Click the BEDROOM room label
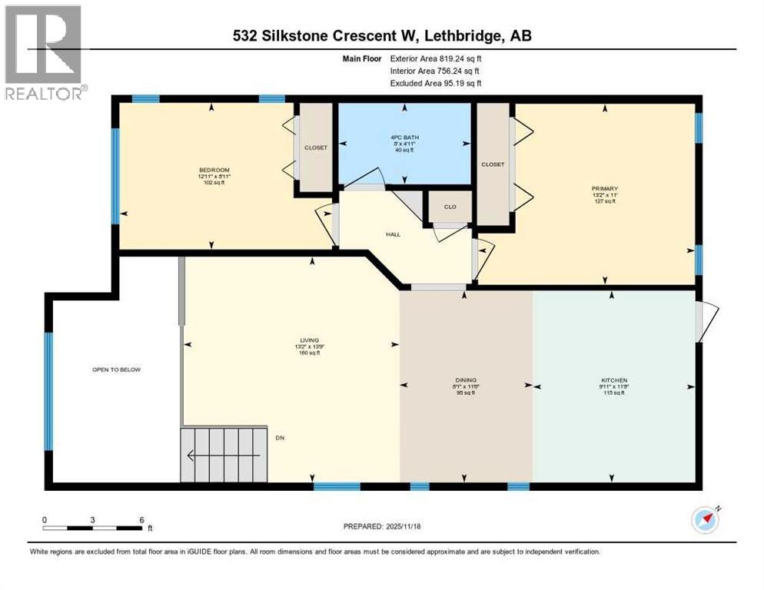(214, 170)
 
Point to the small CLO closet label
(448, 207)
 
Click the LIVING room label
(309, 340)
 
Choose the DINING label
(466, 380)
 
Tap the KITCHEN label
(614, 380)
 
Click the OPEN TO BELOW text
(116, 370)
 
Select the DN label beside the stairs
(281, 438)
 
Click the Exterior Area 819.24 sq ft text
(436, 58)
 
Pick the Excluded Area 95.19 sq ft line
(436, 83)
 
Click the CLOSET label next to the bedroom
(315, 147)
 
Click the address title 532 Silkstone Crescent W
(381, 35)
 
